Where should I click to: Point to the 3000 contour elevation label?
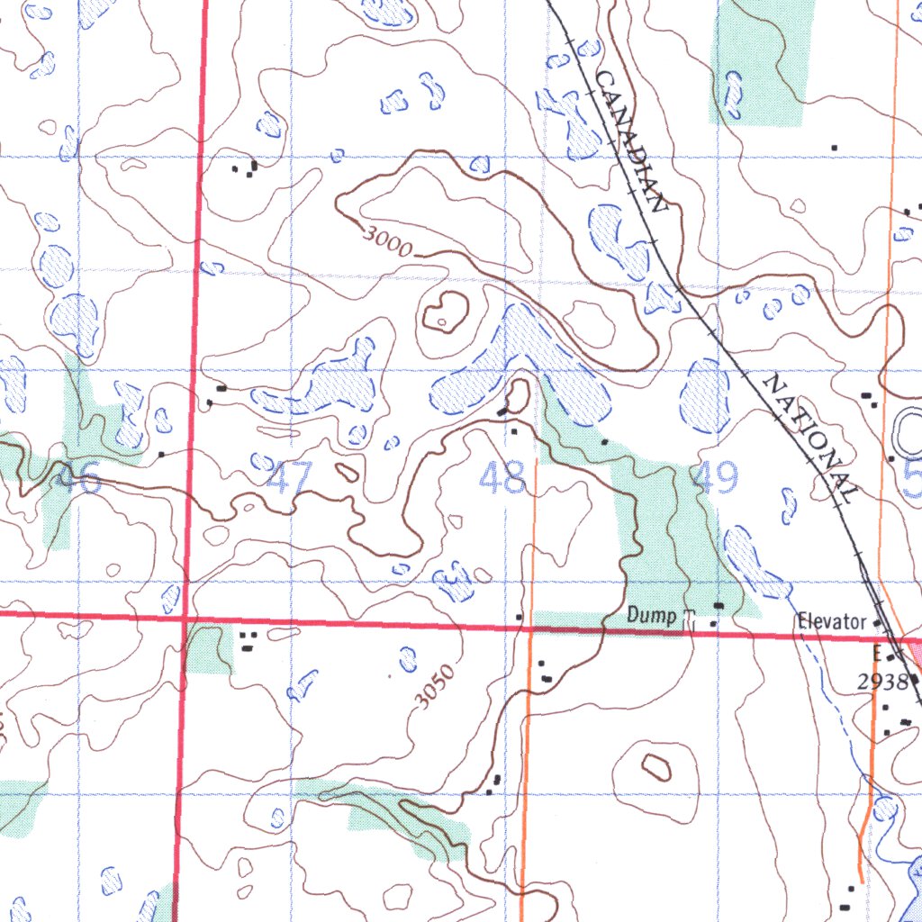click(x=388, y=240)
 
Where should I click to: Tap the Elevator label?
click(x=831, y=622)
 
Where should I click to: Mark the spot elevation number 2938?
click(x=882, y=682)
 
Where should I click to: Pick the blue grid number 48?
click(x=502, y=478)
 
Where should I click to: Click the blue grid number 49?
click(x=716, y=476)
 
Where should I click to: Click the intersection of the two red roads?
click(x=184, y=619)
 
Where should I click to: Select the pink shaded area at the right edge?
click(x=914, y=654)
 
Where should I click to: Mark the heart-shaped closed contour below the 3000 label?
click(x=445, y=312)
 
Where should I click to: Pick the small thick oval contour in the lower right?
click(x=655, y=767)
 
